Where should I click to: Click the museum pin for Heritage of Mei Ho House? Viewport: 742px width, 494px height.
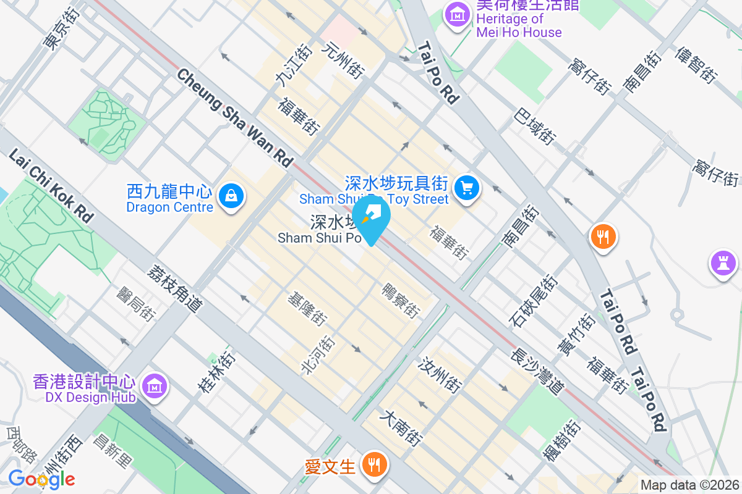coord(458,14)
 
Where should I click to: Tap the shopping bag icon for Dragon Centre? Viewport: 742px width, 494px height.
coord(231,196)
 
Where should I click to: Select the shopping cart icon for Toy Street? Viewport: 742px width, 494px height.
coord(467,187)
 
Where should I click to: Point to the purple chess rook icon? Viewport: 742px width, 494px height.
coord(722,263)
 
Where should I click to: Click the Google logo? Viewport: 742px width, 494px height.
coord(41,479)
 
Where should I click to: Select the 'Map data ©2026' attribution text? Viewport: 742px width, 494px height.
coord(689,485)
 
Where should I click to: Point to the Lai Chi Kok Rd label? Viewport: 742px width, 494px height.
coord(51,185)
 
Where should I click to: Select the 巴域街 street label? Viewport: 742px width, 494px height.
coord(534,127)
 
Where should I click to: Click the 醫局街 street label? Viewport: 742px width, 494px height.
coord(136,303)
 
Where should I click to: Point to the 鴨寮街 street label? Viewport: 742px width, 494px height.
coord(401,299)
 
